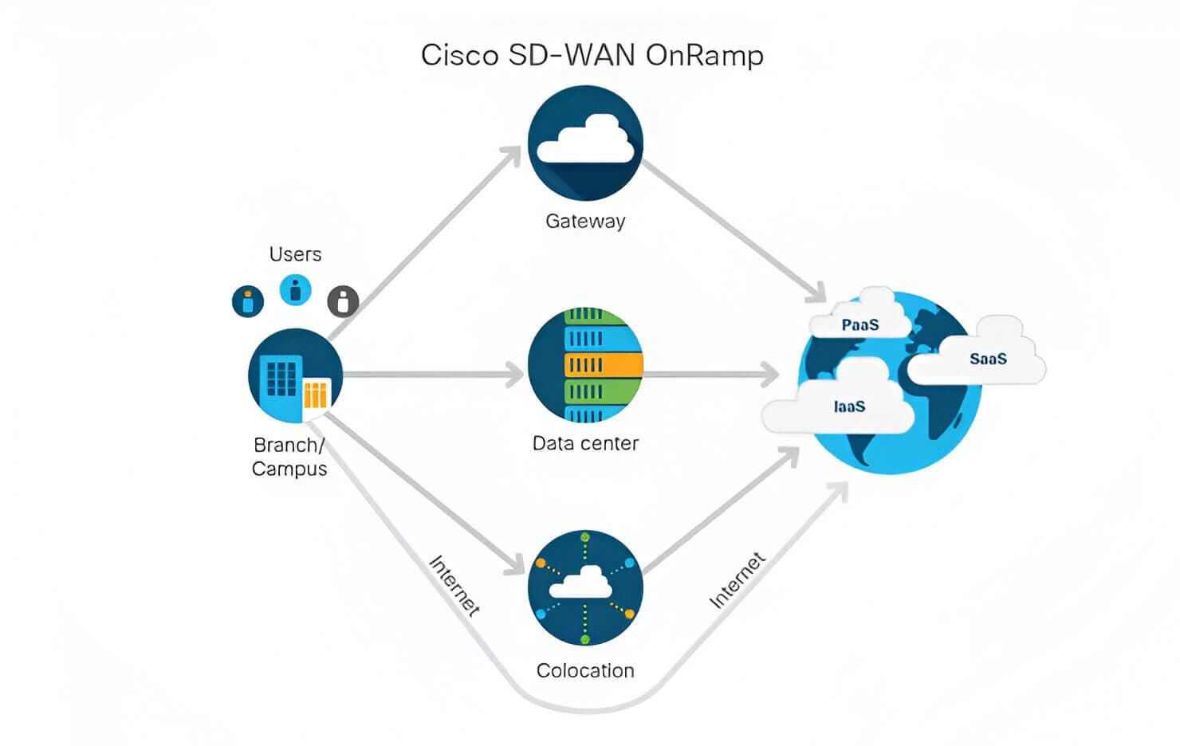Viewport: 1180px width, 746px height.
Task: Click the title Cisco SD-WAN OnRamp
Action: tap(592, 55)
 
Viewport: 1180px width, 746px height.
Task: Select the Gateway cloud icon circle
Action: tap(585, 143)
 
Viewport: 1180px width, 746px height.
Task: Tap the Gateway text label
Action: tap(585, 221)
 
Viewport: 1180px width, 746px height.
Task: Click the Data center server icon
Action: tap(585, 365)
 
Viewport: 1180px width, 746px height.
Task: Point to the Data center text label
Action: tap(585, 443)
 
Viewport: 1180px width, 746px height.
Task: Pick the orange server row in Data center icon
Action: tap(603, 365)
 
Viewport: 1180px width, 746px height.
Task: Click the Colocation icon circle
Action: tap(585, 588)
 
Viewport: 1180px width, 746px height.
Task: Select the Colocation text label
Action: tap(585, 670)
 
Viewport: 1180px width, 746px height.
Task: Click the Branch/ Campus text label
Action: tap(289, 457)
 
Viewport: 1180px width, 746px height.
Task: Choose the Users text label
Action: tap(295, 254)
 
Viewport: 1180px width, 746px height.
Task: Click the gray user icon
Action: tap(343, 301)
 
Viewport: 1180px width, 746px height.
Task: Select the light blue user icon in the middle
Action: tap(295, 290)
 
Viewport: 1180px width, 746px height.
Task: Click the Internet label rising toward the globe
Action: tap(737, 580)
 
